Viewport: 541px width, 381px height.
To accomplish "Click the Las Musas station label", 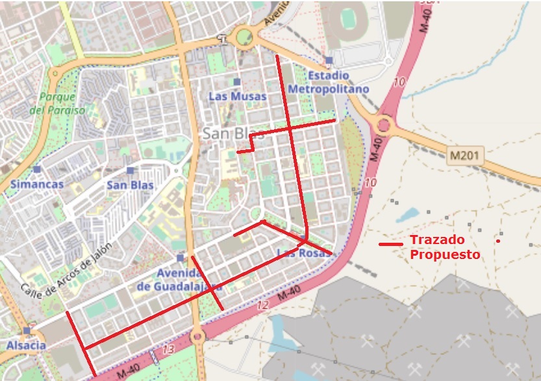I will (237, 96).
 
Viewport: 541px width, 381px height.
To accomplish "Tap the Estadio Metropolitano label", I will (329, 82).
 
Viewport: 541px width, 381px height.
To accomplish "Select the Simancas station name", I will (37, 184).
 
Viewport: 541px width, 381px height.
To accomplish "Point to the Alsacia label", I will (27, 345).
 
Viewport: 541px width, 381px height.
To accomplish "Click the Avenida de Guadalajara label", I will (180, 279).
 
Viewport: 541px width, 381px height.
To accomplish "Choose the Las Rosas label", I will (303, 252).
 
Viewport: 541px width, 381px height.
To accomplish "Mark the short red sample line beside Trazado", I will (391, 244).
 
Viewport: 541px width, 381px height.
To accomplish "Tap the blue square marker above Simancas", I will (36, 169).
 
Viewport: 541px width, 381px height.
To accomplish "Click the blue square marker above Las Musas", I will (237, 82).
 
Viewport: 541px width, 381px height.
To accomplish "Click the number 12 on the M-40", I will (262, 304).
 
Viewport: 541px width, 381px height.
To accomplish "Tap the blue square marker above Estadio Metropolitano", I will (329, 61).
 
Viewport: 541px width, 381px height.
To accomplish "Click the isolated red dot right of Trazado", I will (498, 241).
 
